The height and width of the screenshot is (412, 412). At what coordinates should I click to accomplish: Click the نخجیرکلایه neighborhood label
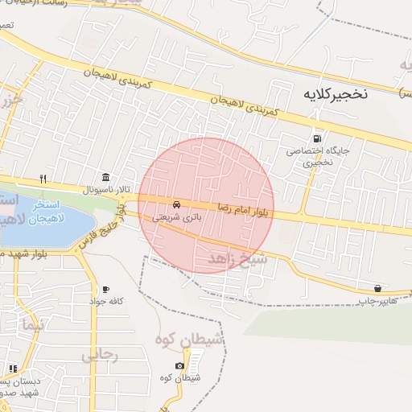point(336,93)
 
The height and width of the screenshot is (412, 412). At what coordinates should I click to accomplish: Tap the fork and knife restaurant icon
point(43,179)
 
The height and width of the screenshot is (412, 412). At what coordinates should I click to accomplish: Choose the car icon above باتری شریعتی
point(176,204)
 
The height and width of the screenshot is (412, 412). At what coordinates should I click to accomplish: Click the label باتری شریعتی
point(175,216)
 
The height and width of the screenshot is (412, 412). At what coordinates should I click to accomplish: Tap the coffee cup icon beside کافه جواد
point(105,289)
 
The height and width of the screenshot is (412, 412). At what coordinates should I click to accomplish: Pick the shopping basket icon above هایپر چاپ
point(377,288)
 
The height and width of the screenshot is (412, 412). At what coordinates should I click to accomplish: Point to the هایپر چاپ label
point(377,300)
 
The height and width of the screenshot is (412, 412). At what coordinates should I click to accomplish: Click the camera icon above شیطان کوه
point(179,366)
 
